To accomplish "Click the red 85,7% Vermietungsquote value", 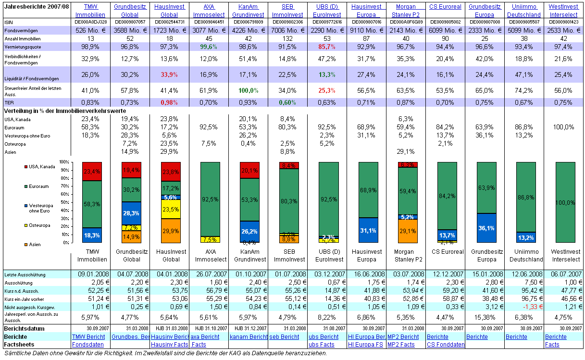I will pyautogui.click(x=328, y=47).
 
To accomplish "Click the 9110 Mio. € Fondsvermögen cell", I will pyautogui.click(x=367, y=30).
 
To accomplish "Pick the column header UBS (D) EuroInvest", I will pyautogui.click(x=328, y=11).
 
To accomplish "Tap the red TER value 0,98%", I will pyautogui.click(x=170, y=102).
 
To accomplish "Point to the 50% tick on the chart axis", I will pyautogui.click(x=64, y=202).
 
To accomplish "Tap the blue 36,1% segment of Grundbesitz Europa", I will pyautogui.click(x=486, y=228).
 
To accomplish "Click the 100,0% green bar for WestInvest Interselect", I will pyautogui.click(x=565, y=202).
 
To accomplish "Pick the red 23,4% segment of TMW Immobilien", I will pyautogui.click(x=92, y=172).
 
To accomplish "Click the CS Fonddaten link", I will pyautogui.click(x=446, y=345).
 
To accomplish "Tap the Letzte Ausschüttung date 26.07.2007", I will pyautogui.click(x=210, y=274).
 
